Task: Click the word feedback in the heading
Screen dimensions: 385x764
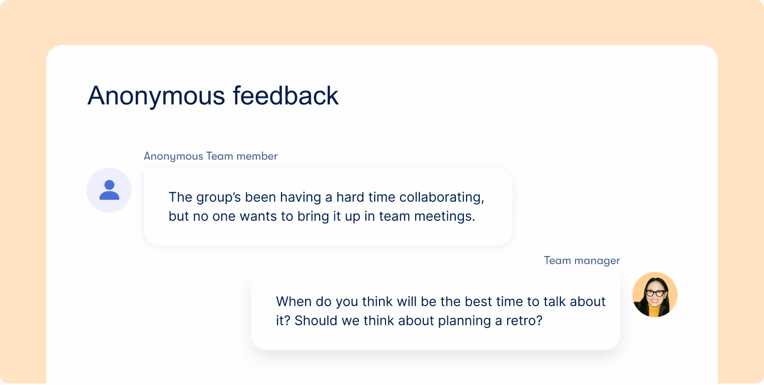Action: (x=285, y=96)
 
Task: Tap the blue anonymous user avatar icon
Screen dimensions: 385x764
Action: (x=109, y=190)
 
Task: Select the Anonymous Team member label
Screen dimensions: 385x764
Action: (x=211, y=156)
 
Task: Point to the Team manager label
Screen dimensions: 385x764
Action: (x=582, y=261)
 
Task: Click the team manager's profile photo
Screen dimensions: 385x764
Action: (x=654, y=295)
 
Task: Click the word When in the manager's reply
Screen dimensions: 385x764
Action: (x=294, y=302)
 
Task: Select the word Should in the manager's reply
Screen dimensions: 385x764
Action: (x=318, y=321)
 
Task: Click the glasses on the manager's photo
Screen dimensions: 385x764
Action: (x=655, y=293)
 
